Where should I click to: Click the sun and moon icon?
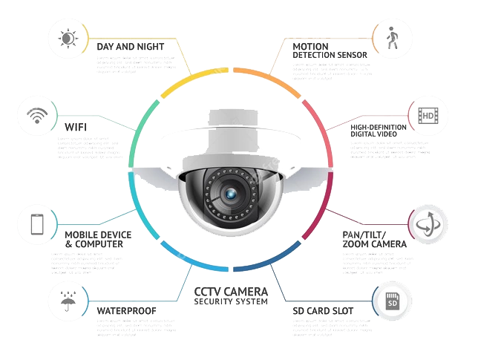[68, 38]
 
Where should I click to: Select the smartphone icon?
[36, 226]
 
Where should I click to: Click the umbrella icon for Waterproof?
[68, 301]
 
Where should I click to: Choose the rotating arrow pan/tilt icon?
[428, 224]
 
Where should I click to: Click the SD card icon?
[394, 301]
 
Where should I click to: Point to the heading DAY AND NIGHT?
[130, 47]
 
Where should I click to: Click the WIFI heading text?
[76, 126]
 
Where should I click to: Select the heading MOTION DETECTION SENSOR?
[328, 50]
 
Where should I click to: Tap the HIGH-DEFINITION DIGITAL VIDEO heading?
[379, 131]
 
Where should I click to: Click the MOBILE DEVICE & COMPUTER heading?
[97, 239]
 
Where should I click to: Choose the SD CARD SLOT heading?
[323, 310]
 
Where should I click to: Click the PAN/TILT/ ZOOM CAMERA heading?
[374, 239]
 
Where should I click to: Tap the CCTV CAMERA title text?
[230, 292]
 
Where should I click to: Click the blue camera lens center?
[231, 193]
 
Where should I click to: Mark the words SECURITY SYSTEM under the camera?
[230, 301]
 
